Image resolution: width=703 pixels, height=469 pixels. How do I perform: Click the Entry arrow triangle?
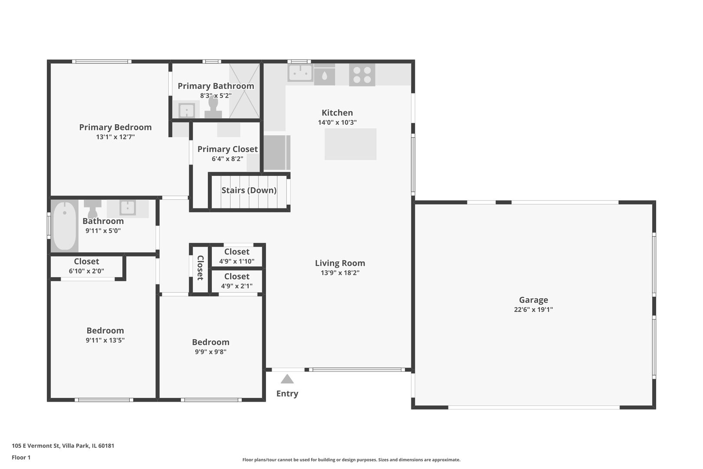pyautogui.click(x=287, y=379)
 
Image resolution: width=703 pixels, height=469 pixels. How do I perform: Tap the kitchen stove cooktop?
pyautogui.click(x=362, y=75)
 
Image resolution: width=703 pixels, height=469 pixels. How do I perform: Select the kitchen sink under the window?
pyautogui.click(x=300, y=73)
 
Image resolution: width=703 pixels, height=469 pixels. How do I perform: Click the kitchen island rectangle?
pyautogui.click(x=350, y=144)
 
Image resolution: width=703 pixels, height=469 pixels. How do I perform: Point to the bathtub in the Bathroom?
pyautogui.click(x=65, y=225)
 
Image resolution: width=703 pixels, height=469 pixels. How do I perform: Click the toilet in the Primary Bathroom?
pyautogui.click(x=214, y=107)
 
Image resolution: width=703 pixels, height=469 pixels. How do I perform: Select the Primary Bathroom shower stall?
pyautogui.click(x=244, y=91)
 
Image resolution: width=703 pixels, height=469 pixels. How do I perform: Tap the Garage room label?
pyautogui.click(x=533, y=300)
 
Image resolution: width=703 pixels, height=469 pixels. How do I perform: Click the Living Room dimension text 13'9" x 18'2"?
pyautogui.click(x=340, y=273)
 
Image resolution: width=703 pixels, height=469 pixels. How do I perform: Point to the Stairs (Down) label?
pyautogui.click(x=249, y=190)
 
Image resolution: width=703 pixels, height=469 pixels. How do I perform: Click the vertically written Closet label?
pyautogui.click(x=200, y=268)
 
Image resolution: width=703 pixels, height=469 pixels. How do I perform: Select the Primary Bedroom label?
pyautogui.click(x=115, y=127)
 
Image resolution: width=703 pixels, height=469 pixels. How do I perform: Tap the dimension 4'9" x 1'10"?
pyautogui.click(x=237, y=261)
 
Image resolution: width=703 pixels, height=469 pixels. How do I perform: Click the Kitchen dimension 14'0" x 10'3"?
pyautogui.click(x=337, y=122)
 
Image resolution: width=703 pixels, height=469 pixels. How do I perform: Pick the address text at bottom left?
pyautogui.click(x=63, y=446)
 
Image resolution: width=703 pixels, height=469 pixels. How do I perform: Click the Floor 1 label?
pyautogui.click(x=21, y=458)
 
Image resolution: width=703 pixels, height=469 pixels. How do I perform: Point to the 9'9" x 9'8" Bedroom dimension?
pyautogui.click(x=210, y=352)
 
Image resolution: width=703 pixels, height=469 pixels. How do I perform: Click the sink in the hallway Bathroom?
pyautogui.click(x=128, y=208)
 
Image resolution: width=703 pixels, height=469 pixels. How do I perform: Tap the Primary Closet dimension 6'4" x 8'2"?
pyautogui.click(x=227, y=159)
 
